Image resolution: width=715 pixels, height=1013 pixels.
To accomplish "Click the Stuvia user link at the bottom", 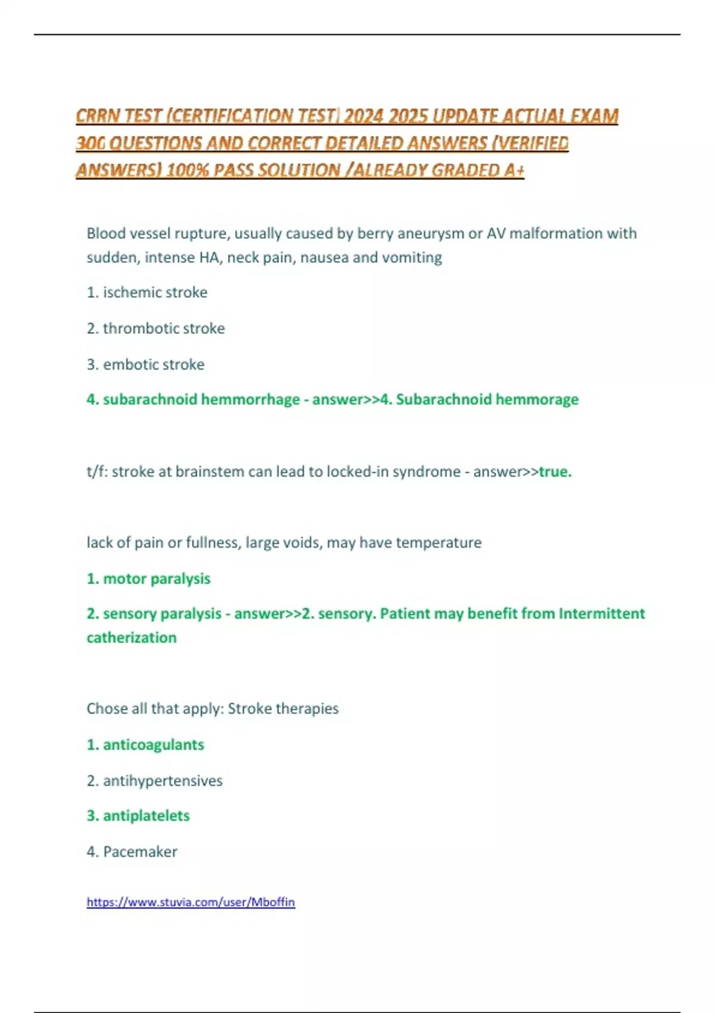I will coord(191,902).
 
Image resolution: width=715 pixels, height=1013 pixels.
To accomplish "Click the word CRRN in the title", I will coord(97,116).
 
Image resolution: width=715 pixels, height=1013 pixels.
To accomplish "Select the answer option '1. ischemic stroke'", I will coord(147,293).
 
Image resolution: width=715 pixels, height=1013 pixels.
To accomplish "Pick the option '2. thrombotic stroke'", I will coord(156,328).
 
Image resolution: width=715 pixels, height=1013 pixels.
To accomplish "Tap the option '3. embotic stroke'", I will coord(145,364).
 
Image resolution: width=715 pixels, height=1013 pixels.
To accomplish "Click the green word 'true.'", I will coord(555,472).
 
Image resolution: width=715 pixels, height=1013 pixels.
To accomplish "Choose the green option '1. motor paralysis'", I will coord(148,579).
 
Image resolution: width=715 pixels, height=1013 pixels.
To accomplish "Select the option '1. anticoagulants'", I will coord(145,745).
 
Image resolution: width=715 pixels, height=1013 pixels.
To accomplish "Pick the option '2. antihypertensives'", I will coord(154,781).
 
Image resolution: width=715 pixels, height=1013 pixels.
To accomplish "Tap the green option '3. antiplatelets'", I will coord(138,816).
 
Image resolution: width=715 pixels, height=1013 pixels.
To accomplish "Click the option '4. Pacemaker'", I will coord(132,852).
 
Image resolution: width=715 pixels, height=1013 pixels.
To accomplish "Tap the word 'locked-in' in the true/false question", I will coord(307,472).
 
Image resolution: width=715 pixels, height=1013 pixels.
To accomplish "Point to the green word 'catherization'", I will coord(132,638).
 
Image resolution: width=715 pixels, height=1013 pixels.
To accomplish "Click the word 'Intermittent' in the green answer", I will coord(602,614).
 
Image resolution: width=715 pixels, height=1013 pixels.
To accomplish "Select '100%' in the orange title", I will coord(187,170).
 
